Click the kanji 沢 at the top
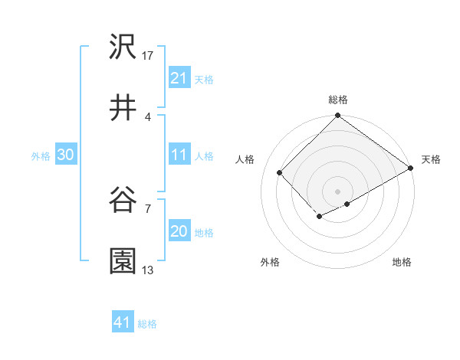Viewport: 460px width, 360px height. point(123,47)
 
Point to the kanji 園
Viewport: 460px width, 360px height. point(123,261)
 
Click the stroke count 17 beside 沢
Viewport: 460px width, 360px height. point(149,56)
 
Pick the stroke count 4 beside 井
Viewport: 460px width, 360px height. point(147,116)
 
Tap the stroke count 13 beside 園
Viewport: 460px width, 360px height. point(149,270)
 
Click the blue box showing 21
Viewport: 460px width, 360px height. point(179,78)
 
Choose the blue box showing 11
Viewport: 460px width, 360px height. point(179,155)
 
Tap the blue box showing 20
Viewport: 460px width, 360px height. point(179,231)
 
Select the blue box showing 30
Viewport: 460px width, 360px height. point(66,155)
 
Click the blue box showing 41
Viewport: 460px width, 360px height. point(123,322)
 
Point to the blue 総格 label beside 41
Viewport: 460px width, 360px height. point(147,324)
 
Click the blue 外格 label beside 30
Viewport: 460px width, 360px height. point(41,156)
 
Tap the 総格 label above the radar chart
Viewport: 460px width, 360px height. point(337,100)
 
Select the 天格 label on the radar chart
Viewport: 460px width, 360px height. point(431,159)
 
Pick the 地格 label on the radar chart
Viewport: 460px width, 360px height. point(402,263)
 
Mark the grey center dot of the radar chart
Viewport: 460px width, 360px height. point(337,191)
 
